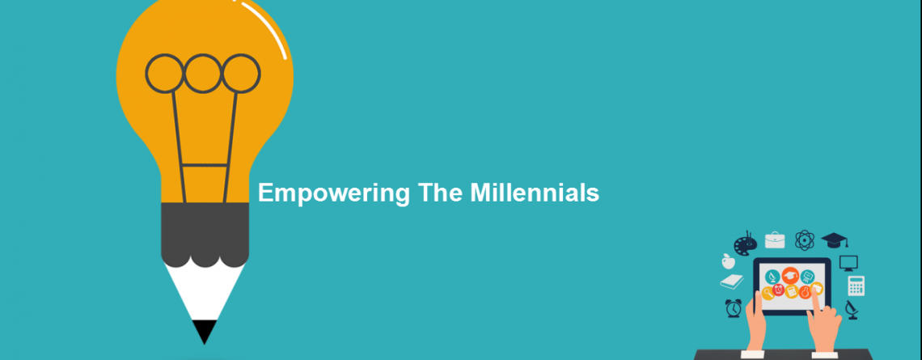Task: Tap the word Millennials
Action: pyautogui.click(x=535, y=193)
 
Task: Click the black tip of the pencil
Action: pyautogui.click(x=205, y=331)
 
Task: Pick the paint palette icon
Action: pyautogui.click(x=745, y=243)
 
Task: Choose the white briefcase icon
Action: pyautogui.click(x=775, y=239)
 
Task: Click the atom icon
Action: pyautogui.click(x=805, y=240)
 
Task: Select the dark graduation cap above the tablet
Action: pyautogui.click(x=835, y=240)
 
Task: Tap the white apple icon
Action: pyautogui.click(x=728, y=260)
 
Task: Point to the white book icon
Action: pyautogui.click(x=732, y=282)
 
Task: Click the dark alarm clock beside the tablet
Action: pyautogui.click(x=734, y=307)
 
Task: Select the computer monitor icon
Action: pyautogui.click(x=848, y=263)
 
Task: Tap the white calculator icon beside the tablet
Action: pyautogui.click(x=856, y=286)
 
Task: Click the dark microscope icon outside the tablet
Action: pyautogui.click(x=852, y=309)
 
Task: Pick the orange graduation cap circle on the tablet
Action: pyautogui.click(x=789, y=275)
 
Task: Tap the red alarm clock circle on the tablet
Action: pyautogui.click(x=779, y=290)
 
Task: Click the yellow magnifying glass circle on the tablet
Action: pyautogui.click(x=768, y=293)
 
